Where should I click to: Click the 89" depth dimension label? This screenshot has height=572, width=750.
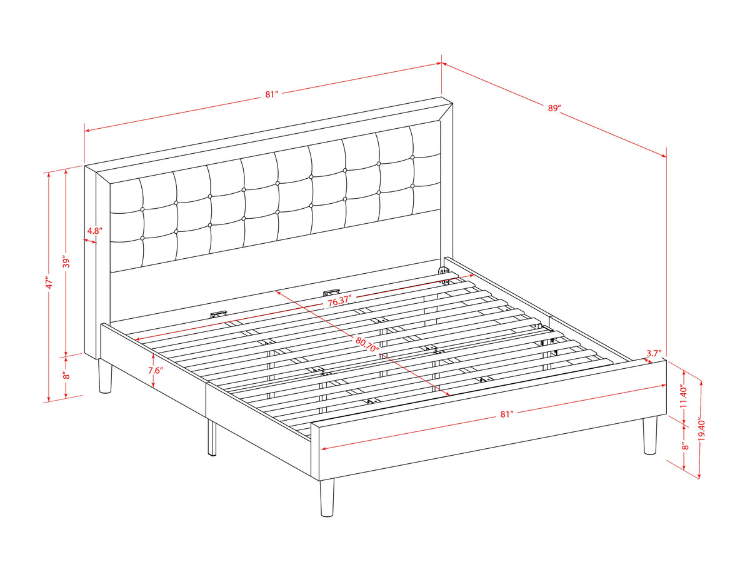(x=554, y=108)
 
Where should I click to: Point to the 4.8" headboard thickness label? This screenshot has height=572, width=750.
(x=95, y=231)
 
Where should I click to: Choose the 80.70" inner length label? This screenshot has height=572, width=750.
(x=367, y=343)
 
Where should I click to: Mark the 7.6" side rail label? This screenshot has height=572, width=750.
(x=156, y=370)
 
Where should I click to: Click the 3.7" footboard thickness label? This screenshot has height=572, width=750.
(x=654, y=353)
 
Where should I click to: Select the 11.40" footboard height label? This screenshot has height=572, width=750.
(x=682, y=397)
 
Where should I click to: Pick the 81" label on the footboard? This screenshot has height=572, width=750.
(x=507, y=414)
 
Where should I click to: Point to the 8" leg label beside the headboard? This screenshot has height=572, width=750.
(x=67, y=375)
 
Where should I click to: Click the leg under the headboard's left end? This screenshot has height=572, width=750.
(x=104, y=376)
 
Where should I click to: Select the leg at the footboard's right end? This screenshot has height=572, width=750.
(x=650, y=435)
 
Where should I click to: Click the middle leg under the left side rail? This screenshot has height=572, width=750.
(x=212, y=438)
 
